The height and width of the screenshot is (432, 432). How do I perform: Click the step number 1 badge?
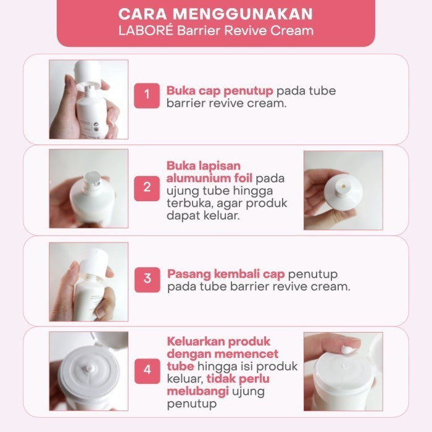147,95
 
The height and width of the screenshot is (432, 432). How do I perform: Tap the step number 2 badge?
147,186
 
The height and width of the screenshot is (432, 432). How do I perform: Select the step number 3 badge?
147,278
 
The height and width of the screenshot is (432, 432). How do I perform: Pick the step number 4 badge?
147,370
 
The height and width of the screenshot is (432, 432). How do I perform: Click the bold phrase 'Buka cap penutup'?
220,91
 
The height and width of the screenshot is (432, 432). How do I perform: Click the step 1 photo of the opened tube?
89,99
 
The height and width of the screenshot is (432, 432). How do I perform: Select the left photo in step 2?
89,188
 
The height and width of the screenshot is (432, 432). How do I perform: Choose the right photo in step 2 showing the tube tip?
343,190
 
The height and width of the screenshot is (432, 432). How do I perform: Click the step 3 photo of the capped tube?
89,281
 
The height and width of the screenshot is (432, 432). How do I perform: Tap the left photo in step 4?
89,371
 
